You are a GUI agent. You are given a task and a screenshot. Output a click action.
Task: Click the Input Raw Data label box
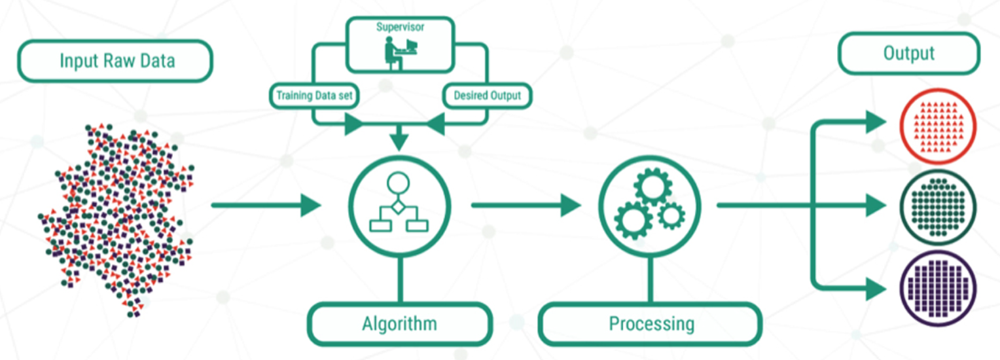pos(115,61)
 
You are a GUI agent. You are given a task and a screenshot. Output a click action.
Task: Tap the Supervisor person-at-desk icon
pos(401,53)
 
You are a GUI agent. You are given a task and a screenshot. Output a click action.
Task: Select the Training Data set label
pos(314,96)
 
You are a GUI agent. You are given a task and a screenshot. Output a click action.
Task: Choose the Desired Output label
pos(487,96)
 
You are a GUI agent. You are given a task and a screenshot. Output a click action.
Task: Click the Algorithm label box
pos(400,324)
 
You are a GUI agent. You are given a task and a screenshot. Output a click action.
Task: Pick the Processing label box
pos(651,324)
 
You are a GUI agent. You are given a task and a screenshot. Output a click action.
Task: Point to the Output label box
pos(909,53)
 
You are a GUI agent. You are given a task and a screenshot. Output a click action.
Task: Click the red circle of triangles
pos(938,126)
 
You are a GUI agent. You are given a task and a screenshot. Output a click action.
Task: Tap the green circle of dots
pos(938,207)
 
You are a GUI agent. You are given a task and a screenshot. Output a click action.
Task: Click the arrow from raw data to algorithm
pos(266,206)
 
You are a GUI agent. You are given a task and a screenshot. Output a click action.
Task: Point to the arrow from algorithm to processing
pos(526,206)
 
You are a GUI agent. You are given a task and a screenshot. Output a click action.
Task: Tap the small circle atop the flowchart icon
pos(398,183)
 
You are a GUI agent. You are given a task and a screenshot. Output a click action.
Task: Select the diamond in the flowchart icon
pos(398,207)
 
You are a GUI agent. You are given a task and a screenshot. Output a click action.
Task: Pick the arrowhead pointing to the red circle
pos(876,122)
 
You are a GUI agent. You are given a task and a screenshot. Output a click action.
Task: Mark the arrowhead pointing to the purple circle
pos(876,289)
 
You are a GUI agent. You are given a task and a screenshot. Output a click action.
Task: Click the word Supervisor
pos(400,27)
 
